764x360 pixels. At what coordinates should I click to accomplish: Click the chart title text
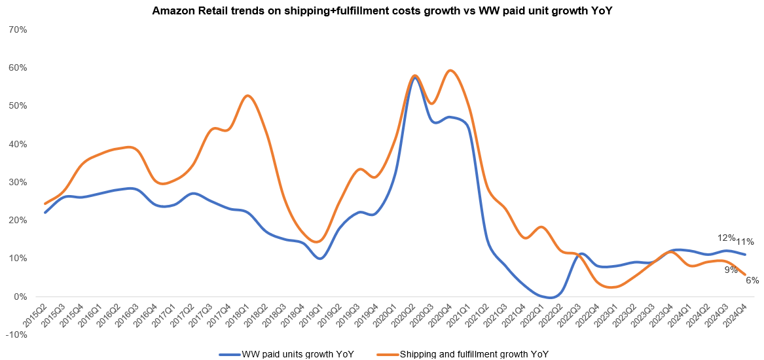click(381, 11)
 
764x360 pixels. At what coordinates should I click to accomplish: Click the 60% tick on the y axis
click(17, 68)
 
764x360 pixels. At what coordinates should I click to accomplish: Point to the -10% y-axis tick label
click(15, 334)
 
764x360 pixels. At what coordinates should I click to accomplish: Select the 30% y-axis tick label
click(17, 183)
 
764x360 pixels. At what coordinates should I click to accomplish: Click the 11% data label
click(745, 242)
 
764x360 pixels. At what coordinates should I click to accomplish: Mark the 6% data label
click(752, 280)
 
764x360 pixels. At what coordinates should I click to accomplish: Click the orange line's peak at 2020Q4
click(450, 70)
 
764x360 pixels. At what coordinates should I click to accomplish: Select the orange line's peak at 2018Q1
click(247, 96)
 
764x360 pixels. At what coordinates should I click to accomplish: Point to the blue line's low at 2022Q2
click(552, 298)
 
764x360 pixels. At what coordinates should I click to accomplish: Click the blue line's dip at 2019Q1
click(319, 259)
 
